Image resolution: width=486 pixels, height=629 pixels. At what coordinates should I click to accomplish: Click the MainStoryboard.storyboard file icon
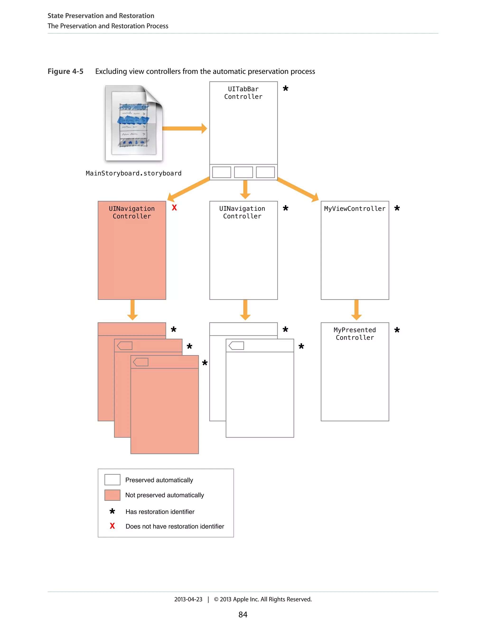pyautogui.click(x=134, y=123)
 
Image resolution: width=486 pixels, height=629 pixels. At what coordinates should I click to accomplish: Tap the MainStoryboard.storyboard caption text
pyautogui.click(x=134, y=173)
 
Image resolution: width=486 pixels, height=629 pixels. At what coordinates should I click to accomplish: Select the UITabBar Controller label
pyautogui.click(x=243, y=93)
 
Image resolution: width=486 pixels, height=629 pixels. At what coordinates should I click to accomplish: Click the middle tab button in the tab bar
pyautogui.click(x=243, y=172)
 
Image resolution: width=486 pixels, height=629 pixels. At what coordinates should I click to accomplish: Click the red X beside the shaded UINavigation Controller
pyautogui.click(x=174, y=208)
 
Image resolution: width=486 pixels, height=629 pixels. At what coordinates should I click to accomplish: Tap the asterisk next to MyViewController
pyautogui.click(x=397, y=208)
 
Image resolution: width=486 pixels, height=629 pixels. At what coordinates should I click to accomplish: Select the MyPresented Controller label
pyautogui.click(x=355, y=334)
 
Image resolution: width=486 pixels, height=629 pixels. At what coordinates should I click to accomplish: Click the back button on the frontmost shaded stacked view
pyautogui.click(x=141, y=362)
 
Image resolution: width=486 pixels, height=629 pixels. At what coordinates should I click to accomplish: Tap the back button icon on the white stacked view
pyautogui.click(x=236, y=346)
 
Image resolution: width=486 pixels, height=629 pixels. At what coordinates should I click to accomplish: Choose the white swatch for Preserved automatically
pyautogui.click(x=112, y=480)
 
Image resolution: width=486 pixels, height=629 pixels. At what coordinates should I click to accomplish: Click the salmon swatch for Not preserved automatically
pyautogui.click(x=112, y=495)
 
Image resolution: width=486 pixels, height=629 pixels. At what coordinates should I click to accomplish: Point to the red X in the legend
pyautogui.click(x=112, y=526)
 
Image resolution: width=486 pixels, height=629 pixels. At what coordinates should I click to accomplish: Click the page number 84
pyautogui.click(x=243, y=615)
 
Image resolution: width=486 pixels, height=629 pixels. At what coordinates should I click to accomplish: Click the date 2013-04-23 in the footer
pyautogui.click(x=188, y=599)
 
